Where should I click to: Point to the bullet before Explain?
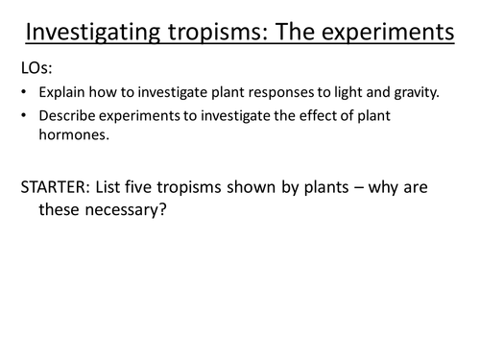(x=23, y=95)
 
